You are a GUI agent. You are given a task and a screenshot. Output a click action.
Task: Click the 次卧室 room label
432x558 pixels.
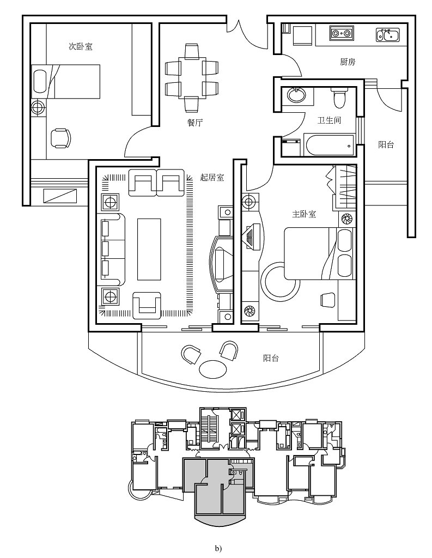[80, 47]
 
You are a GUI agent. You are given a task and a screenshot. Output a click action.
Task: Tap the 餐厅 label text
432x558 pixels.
[194, 123]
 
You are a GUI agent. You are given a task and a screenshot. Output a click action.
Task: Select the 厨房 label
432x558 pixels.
[348, 62]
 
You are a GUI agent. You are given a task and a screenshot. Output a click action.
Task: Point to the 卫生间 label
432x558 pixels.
[329, 120]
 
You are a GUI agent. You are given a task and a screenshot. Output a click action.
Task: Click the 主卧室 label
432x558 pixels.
[304, 214]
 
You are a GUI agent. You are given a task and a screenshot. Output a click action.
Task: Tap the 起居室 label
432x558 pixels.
[212, 177]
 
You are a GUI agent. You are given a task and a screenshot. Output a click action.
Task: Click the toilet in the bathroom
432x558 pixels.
[339, 99]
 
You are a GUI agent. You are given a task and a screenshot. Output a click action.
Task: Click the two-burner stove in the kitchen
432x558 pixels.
[341, 34]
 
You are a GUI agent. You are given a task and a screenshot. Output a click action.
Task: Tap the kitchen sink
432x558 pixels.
[387, 36]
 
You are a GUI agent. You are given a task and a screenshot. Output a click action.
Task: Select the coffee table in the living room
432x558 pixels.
[149, 248]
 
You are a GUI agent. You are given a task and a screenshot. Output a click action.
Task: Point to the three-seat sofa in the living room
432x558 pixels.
[112, 249]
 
